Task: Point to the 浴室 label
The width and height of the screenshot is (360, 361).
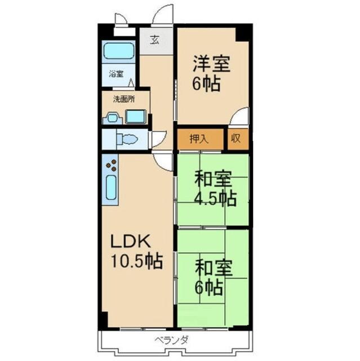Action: pos(115,74)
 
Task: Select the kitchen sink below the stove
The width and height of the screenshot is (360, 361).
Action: pos(111,190)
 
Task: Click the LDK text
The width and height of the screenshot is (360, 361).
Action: pos(130,241)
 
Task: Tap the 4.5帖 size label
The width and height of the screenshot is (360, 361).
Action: pos(215,199)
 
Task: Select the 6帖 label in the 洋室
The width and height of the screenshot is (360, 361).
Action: pos(207,85)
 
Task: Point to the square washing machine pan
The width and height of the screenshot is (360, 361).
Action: pos(135,117)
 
